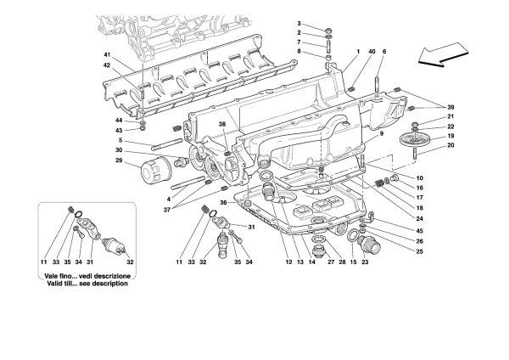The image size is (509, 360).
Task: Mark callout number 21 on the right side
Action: [450, 116]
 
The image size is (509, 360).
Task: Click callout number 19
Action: [450, 136]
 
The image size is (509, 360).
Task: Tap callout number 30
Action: [120, 151]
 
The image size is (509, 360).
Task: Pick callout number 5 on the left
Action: [120, 140]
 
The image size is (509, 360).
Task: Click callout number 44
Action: [120, 120]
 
